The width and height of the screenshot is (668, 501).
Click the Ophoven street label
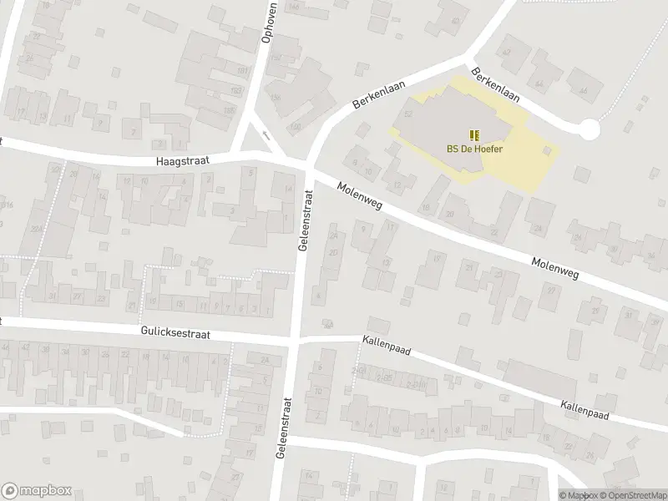click(x=269, y=26)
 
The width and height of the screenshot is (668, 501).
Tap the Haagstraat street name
click(x=183, y=159)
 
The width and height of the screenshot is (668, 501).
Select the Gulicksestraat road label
click(x=175, y=332)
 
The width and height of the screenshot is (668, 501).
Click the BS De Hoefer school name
click(x=474, y=149)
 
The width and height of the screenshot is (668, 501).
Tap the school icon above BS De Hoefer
click(x=474, y=135)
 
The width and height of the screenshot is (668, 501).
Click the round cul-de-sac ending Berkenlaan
click(x=589, y=129)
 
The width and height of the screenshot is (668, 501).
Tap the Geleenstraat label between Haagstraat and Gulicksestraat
click(x=304, y=220)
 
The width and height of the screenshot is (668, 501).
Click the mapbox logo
click(x=36, y=491)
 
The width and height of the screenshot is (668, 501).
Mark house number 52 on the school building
click(x=409, y=113)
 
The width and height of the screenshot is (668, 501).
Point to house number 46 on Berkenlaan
click(x=583, y=90)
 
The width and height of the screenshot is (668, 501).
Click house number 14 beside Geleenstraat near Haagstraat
click(x=288, y=190)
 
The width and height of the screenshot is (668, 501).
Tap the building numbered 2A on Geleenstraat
click(x=333, y=236)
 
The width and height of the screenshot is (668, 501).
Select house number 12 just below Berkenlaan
click(x=398, y=185)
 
